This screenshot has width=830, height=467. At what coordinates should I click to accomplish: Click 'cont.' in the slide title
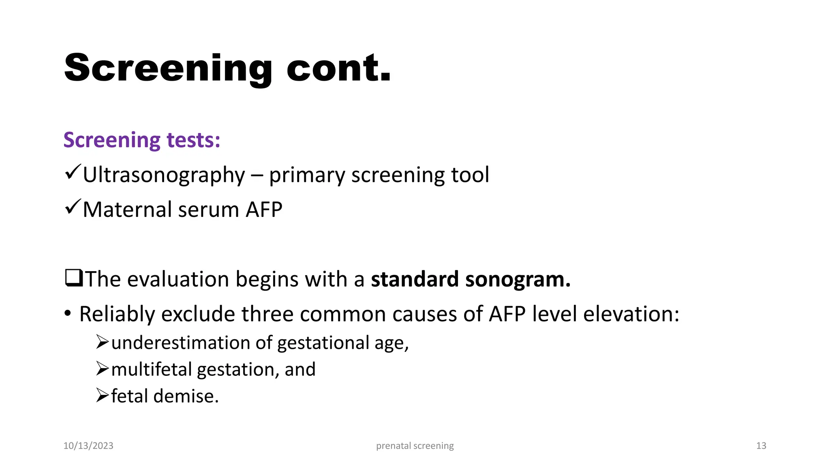(338, 68)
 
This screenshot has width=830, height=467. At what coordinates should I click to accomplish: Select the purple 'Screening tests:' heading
(142, 140)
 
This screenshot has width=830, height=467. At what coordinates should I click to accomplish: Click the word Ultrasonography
(164, 175)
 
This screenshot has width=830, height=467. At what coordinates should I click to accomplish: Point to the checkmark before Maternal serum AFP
(73, 207)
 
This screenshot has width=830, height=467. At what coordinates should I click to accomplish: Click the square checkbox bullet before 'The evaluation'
(74, 278)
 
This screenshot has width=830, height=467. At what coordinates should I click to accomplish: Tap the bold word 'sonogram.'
(518, 279)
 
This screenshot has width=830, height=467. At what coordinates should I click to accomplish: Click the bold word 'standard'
(415, 279)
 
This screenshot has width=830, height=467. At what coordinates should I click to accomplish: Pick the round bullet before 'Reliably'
(68, 313)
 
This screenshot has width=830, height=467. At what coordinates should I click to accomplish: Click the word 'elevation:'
(631, 314)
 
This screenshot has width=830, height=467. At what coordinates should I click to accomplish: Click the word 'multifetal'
(152, 369)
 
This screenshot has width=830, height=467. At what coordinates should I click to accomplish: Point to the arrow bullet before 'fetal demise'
(102, 395)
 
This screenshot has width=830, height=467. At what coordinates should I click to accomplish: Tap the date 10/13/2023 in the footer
(88, 446)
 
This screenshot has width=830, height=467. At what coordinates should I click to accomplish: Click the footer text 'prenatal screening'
(415, 446)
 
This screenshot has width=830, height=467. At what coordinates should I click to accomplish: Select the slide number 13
(761, 446)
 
